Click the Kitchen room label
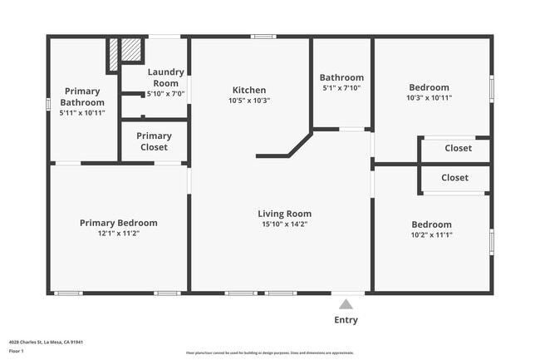pyautogui.click(x=249, y=90)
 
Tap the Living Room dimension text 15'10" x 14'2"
pyautogui.click(x=284, y=224)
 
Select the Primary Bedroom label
pyautogui.click(x=118, y=223)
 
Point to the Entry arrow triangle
pyautogui.click(x=346, y=304)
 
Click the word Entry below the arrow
pyautogui.click(x=346, y=319)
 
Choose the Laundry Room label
pyautogui.click(x=166, y=77)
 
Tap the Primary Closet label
pyautogui.click(x=154, y=141)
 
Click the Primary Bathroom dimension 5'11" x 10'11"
pyautogui.click(x=81, y=112)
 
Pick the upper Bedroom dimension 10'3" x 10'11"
pyautogui.click(x=429, y=98)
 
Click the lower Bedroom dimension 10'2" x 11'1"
pyautogui.click(x=431, y=234)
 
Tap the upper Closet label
pyautogui.click(x=458, y=148)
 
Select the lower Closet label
pyautogui.click(x=454, y=178)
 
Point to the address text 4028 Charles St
pyautogui.click(x=47, y=342)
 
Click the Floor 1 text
pyautogui.click(x=17, y=352)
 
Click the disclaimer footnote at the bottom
pyautogui.click(x=269, y=353)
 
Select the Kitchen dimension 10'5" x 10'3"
pyautogui.click(x=249, y=100)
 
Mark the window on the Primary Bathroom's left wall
pyautogui.click(x=49, y=105)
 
